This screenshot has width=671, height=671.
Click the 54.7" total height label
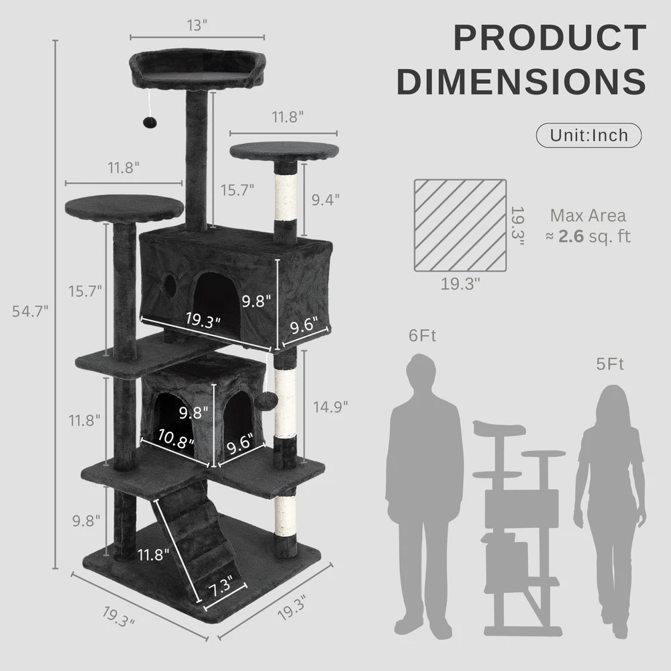click(30, 311)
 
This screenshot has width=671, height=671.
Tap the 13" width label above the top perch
click(197, 25)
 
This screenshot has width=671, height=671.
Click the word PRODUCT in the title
click(550, 38)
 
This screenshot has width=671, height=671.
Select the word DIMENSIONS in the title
click(521, 81)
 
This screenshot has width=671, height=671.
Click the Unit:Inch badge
click(589, 136)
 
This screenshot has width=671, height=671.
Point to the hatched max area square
click(460, 225)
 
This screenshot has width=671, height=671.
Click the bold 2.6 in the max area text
click(571, 236)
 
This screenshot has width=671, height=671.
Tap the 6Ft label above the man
click(422, 335)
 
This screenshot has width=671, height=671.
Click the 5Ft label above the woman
click(610, 364)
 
